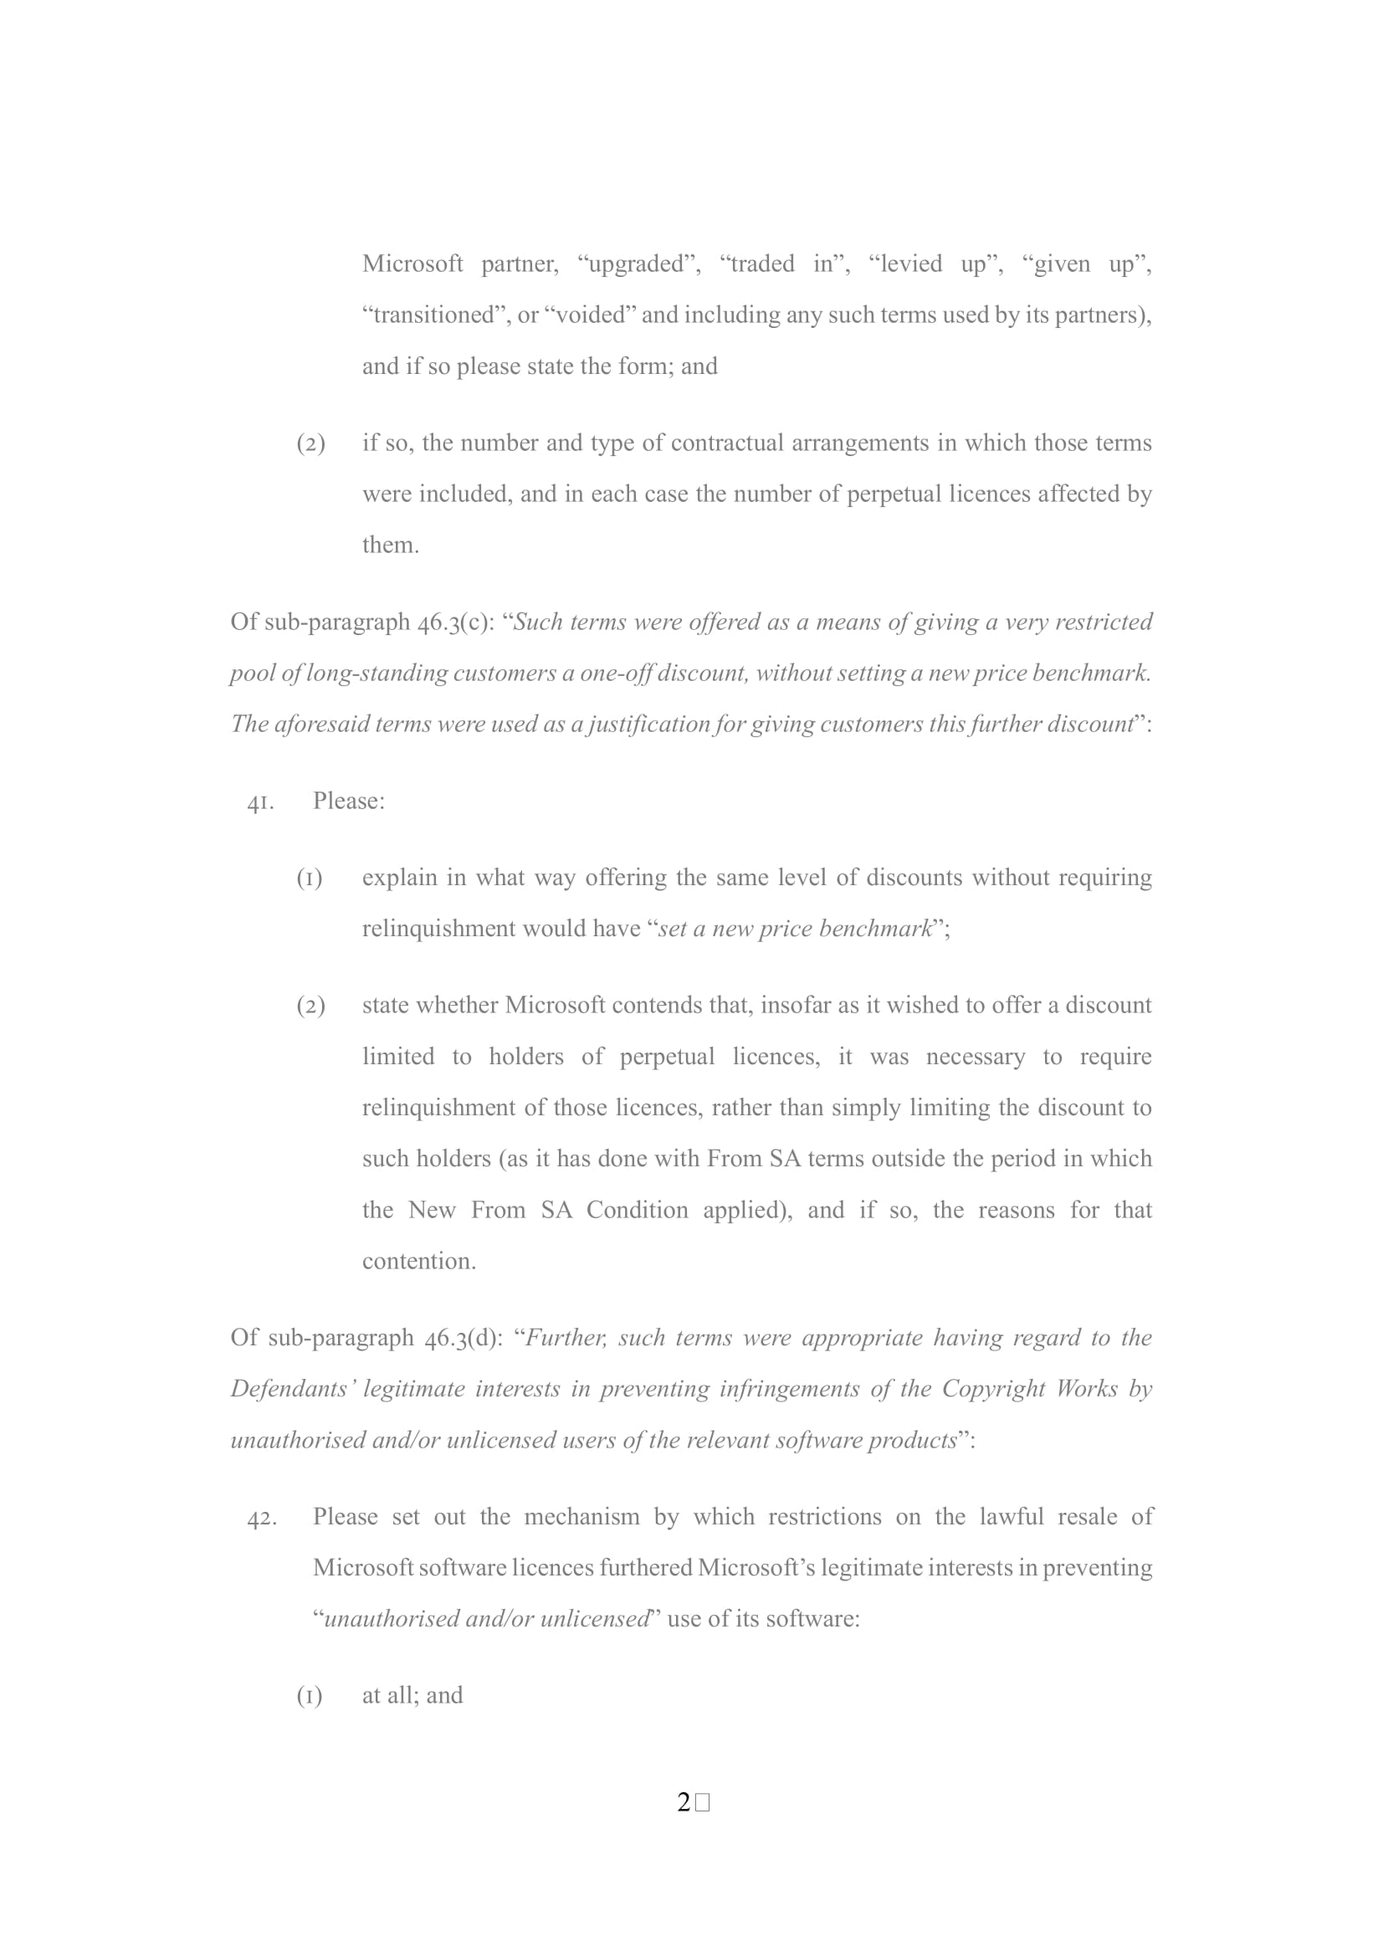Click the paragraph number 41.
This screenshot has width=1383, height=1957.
click(x=260, y=802)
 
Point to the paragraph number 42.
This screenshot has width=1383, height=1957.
click(x=261, y=1518)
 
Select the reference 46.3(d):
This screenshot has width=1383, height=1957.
click(x=464, y=1338)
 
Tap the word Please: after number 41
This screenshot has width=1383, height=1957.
click(x=349, y=802)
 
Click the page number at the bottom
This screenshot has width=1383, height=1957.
click(x=684, y=1802)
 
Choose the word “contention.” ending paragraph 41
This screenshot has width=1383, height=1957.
click(x=418, y=1262)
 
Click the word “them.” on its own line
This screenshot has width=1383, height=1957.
click(x=390, y=546)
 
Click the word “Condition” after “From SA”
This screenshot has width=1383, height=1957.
click(x=637, y=1211)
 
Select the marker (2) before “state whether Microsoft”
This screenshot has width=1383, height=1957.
click(x=310, y=1006)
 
